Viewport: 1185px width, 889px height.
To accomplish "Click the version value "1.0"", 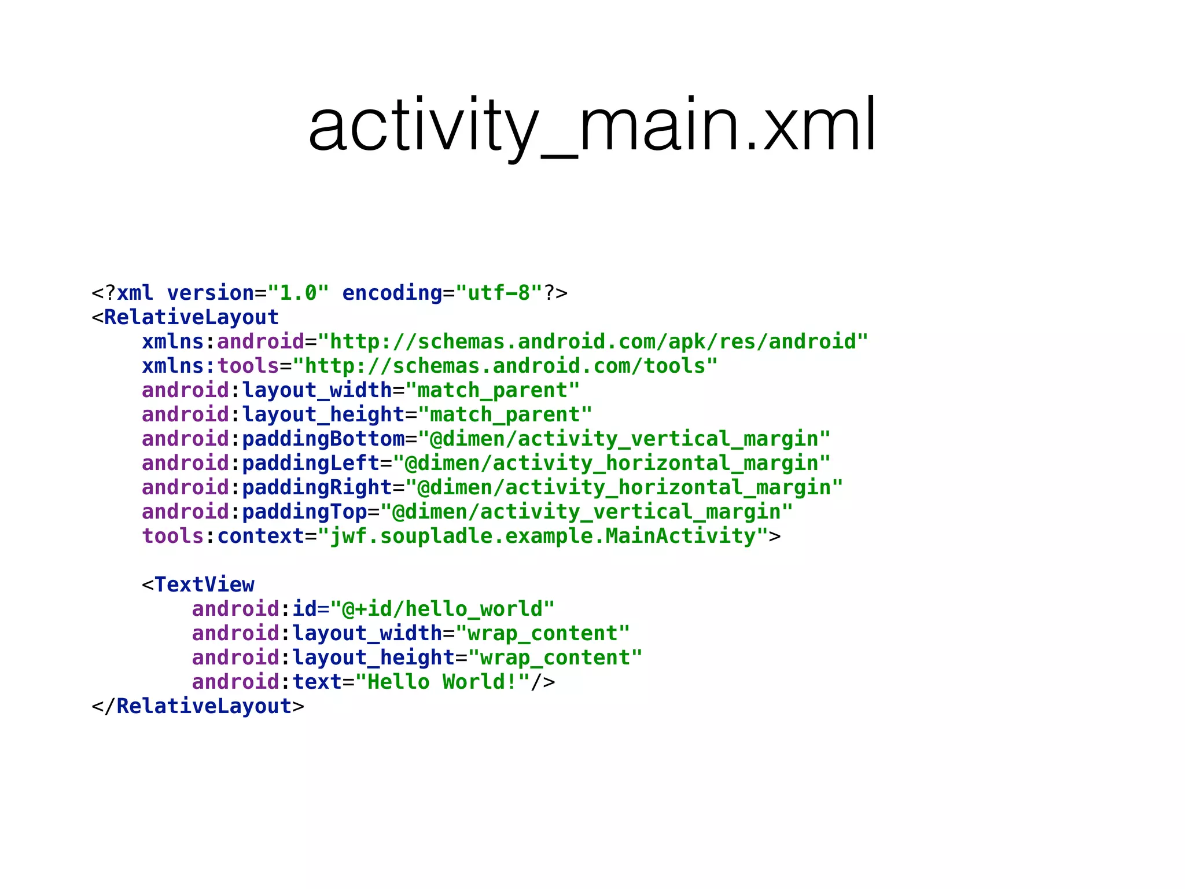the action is click(299, 293).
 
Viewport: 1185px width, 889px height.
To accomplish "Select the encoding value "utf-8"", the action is click(499, 293).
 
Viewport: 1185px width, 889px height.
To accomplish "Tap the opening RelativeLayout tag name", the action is click(192, 318).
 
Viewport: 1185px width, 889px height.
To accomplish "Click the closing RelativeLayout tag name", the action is click(204, 707).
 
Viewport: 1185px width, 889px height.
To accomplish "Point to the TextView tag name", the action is click(204, 585).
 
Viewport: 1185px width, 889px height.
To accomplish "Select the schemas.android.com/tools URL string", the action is click(505, 366).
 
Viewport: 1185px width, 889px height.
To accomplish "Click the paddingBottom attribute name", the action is click(323, 439).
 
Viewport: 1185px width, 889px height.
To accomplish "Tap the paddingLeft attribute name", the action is click(311, 464).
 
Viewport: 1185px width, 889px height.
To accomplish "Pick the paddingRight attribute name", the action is click(317, 488).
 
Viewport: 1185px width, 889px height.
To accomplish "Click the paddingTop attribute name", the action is click(304, 512).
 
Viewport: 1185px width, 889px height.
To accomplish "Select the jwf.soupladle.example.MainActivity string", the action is click(543, 537).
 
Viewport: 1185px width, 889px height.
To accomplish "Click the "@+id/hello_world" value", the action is click(443, 609).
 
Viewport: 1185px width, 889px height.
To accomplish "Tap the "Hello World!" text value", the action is click(443, 682).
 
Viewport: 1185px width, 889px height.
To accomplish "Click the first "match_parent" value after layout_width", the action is click(492, 391).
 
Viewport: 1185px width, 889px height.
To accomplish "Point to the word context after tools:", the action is click(261, 537).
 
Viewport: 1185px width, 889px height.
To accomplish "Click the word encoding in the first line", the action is click(392, 293).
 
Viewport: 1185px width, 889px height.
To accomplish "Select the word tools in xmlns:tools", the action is click(248, 366).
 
